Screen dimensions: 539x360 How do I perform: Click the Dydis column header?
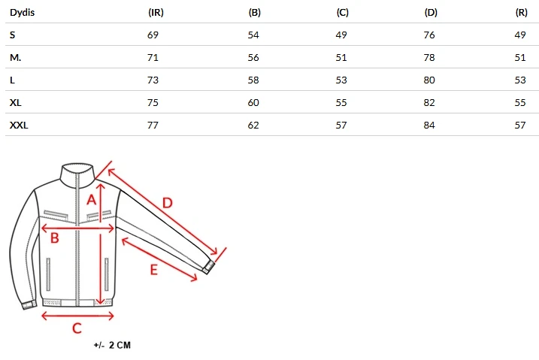22,13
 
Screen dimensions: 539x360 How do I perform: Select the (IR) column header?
156,13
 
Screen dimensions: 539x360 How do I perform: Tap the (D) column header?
431,13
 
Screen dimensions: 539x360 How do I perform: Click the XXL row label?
19,125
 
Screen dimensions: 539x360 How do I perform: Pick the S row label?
12,35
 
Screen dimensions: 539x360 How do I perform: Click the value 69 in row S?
153,35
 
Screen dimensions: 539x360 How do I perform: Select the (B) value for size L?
253,80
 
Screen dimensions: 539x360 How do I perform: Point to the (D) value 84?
429,125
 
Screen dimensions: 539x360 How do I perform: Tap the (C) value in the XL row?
341,103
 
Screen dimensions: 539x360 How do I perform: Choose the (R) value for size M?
520,57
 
